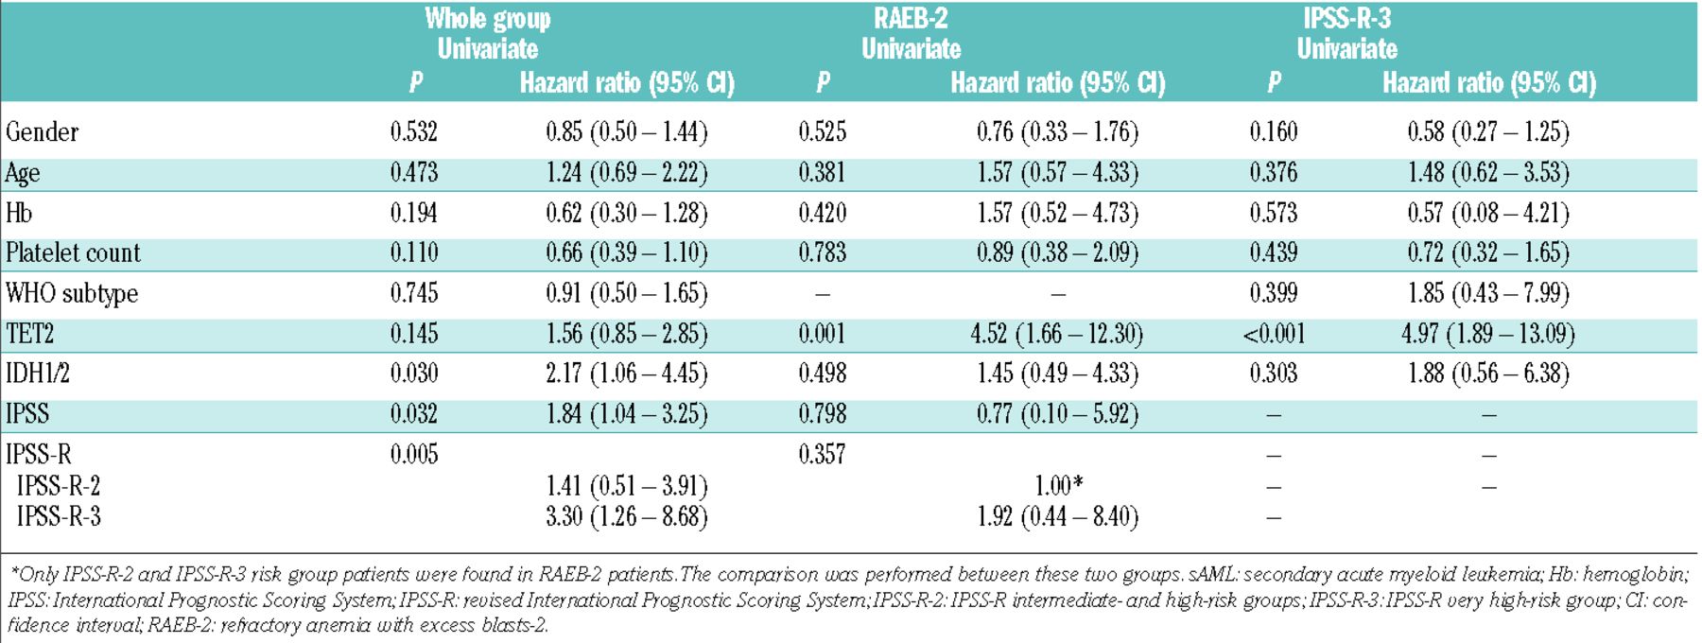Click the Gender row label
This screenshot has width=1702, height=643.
point(42,132)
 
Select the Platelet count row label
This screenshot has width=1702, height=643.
point(73,253)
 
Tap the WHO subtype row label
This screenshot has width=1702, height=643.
point(72,294)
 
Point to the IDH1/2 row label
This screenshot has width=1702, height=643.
point(38,374)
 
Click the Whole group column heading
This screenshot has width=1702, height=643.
point(487,18)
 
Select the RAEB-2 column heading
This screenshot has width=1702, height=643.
point(911,18)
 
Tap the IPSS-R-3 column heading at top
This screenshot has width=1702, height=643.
point(1346,18)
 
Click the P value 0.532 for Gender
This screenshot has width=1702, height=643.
point(414,132)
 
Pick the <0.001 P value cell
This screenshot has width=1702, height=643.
point(1274,334)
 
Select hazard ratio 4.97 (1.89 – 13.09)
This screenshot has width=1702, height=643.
point(1488,334)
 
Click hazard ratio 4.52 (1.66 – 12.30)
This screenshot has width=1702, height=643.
point(1057,334)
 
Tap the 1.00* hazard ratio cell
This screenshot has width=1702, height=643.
point(1057,486)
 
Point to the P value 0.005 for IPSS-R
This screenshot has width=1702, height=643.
point(414,454)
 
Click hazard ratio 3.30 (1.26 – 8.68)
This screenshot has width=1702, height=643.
point(626,517)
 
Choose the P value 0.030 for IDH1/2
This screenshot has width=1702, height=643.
point(414,374)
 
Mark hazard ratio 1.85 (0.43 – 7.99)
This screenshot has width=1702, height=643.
point(1488,294)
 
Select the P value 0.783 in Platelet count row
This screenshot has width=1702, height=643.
point(822,253)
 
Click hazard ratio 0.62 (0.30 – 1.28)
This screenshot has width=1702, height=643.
point(626,213)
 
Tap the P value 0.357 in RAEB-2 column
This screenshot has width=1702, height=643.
point(822,454)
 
